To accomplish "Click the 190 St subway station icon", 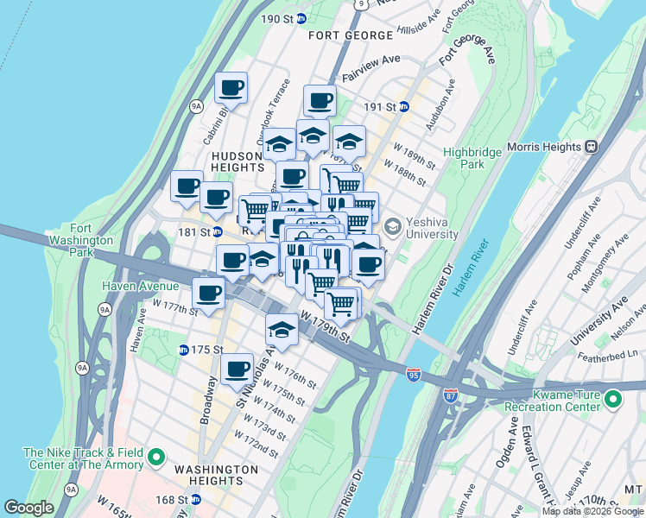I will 301,18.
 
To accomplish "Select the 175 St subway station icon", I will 183,350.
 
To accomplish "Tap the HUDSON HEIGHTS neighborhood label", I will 237,161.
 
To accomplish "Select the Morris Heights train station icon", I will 592,147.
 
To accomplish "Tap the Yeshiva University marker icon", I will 392,227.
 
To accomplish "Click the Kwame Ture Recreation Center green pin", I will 613,399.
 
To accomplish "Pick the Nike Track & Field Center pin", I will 156,458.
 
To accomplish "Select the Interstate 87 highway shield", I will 451,395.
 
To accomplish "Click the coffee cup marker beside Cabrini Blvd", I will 231,87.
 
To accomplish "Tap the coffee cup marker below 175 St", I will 237,370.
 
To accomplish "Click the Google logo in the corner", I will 28,508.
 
